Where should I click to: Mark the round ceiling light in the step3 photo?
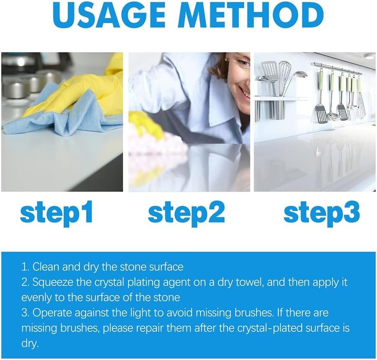(x=369, y=57)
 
